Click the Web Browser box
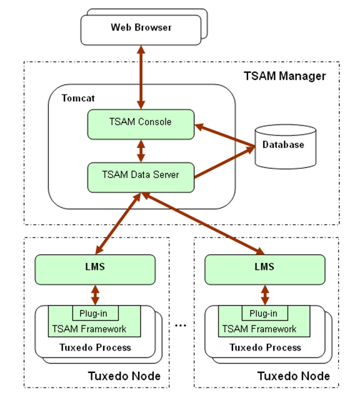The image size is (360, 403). click(x=141, y=27)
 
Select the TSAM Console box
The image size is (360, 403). click(x=141, y=122)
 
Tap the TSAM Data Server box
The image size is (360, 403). click(x=141, y=175)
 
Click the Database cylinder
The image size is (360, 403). click(x=283, y=145)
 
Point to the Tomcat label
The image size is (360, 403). click(x=77, y=99)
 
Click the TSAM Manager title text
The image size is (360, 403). click(x=284, y=76)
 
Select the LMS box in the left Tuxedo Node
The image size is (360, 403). click(x=95, y=267)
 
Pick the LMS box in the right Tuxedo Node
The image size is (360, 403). click(x=265, y=267)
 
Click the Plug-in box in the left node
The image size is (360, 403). click(x=95, y=313)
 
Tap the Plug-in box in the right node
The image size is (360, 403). click(x=265, y=313)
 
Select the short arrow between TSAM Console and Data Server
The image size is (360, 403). click(x=141, y=149)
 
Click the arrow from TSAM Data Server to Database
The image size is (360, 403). click(x=225, y=164)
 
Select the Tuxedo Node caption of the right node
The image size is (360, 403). click(x=293, y=376)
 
